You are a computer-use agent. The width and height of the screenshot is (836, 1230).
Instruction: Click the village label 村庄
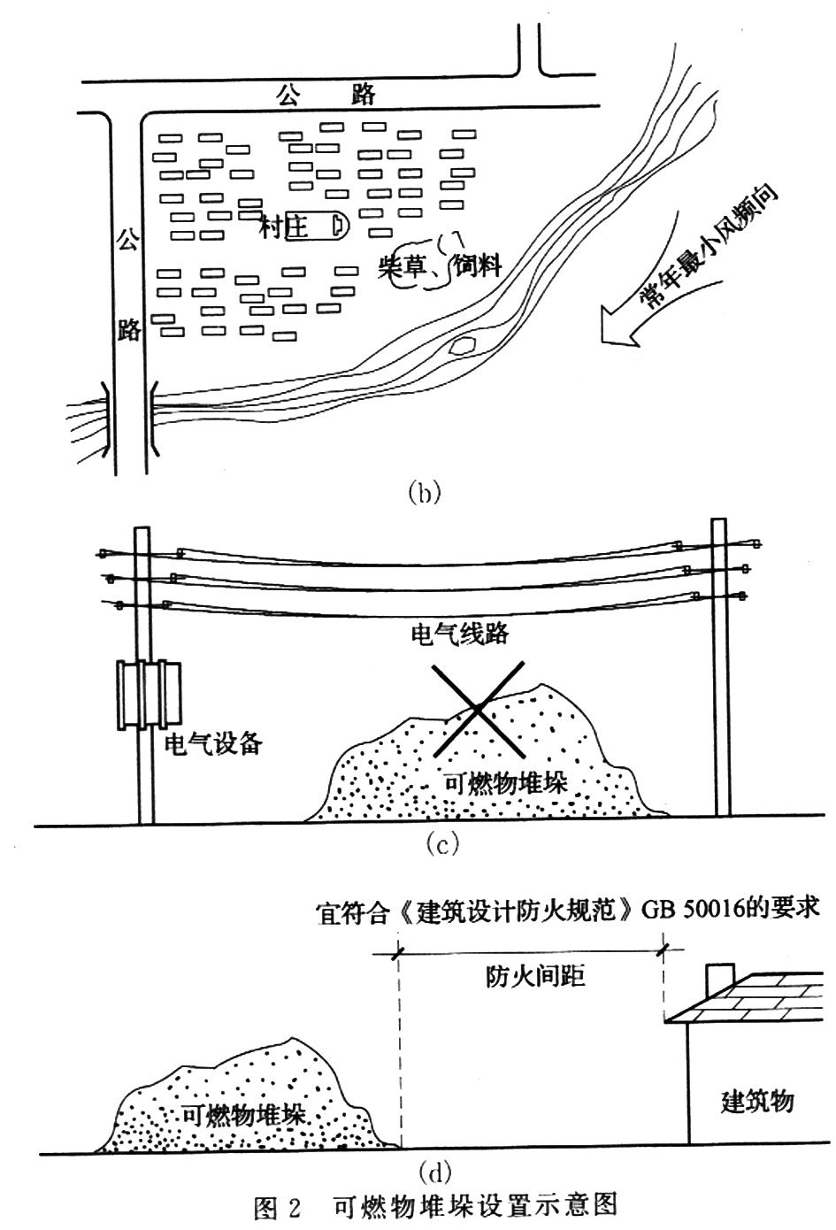click(x=284, y=228)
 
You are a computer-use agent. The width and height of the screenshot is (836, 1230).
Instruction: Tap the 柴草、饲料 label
click(x=439, y=266)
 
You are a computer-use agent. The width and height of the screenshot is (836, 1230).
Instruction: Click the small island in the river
click(x=463, y=345)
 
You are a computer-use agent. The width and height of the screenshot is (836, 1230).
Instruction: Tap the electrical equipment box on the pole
click(x=150, y=694)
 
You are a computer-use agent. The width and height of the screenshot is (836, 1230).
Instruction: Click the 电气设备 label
click(x=214, y=742)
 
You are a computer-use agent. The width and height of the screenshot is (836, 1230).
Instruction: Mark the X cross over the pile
click(x=478, y=709)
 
